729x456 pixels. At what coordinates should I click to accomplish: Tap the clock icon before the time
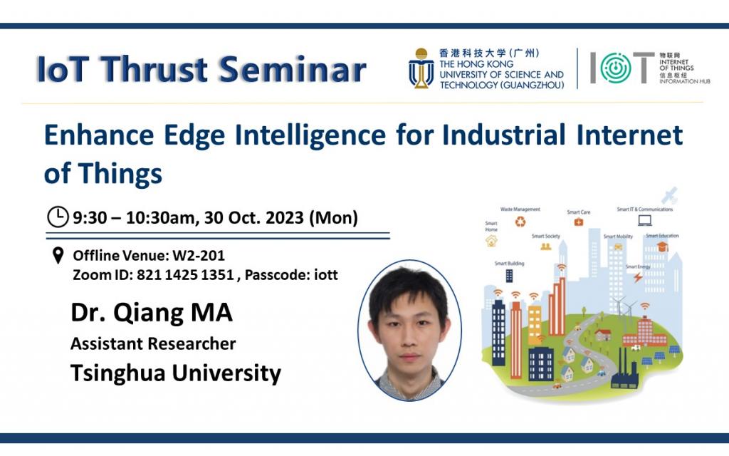coord(57,216)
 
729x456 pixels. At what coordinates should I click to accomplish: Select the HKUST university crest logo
coord(421,69)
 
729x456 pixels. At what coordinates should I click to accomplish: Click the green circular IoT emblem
coord(611,68)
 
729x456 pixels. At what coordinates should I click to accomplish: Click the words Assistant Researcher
coord(153,343)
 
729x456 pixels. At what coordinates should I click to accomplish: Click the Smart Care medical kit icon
coord(578,222)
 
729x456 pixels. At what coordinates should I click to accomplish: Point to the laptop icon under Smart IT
coord(645,220)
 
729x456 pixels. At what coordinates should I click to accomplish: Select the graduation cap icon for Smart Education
coord(662,247)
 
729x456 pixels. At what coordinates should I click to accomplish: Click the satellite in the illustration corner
coord(669,195)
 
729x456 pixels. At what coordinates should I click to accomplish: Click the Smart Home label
coord(491,227)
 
